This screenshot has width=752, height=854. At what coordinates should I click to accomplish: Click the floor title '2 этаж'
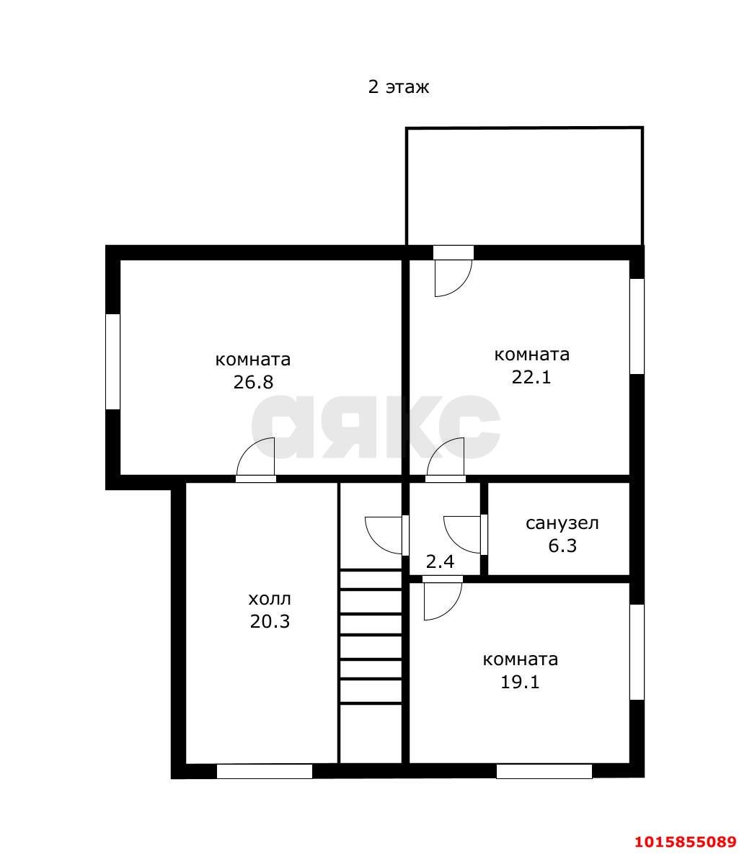[398, 86]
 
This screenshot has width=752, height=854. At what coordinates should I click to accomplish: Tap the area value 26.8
[253, 383]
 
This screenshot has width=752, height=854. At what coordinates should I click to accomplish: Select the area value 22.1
[531, 377]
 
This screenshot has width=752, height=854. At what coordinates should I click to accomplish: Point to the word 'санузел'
[562, 523]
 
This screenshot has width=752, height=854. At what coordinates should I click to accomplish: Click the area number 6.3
[562, 546]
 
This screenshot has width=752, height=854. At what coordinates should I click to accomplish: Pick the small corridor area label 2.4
[440, 561]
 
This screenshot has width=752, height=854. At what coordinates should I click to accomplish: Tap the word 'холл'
[270, 599]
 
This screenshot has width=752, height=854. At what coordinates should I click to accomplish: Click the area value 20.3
[270, 621]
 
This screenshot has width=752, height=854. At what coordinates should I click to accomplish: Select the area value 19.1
[520, 682]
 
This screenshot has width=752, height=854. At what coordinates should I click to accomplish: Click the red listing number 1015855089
[686, 842]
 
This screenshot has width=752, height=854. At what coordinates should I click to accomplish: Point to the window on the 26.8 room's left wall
[112, 362]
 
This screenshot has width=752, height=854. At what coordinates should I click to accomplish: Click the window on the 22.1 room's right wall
[637, 326]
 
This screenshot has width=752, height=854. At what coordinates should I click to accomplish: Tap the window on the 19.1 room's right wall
[637, 652]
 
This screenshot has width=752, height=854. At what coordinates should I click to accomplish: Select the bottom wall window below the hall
[265, 771]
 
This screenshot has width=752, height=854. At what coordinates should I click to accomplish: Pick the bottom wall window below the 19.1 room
[544, 771]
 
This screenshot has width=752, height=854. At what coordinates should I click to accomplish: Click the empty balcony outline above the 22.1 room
[524, 128]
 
